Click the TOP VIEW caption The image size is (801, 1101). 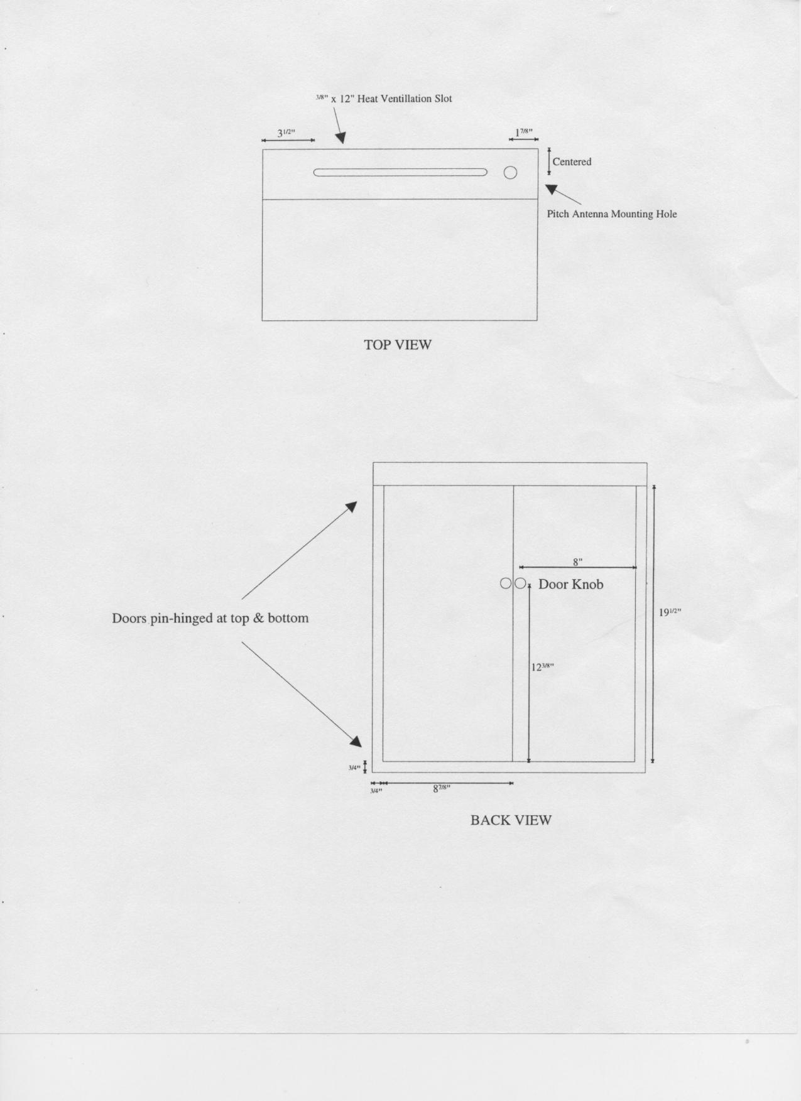[398, 345]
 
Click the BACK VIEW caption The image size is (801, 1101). [511, 820]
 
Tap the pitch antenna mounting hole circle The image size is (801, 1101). [510, 172]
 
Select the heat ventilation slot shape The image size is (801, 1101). [400, 172]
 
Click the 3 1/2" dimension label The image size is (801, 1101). [286, 133]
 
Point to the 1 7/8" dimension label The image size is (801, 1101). [524, 133]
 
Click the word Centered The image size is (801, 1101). [572, 162]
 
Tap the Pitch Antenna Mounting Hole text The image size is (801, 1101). [612, 214]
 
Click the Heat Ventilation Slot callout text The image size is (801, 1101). [383, 99]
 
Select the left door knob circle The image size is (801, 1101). [506, 583]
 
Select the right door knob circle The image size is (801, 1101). [520, 583]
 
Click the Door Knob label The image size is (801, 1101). [571, 585]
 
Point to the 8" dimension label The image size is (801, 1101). [578, 562]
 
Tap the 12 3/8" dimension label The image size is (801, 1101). [542, 667]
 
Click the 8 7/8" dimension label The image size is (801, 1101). [442, 789]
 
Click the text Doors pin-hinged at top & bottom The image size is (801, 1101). [210, 619]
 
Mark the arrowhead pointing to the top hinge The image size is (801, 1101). [352, 506]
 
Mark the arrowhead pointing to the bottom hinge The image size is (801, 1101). [357, 742]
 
